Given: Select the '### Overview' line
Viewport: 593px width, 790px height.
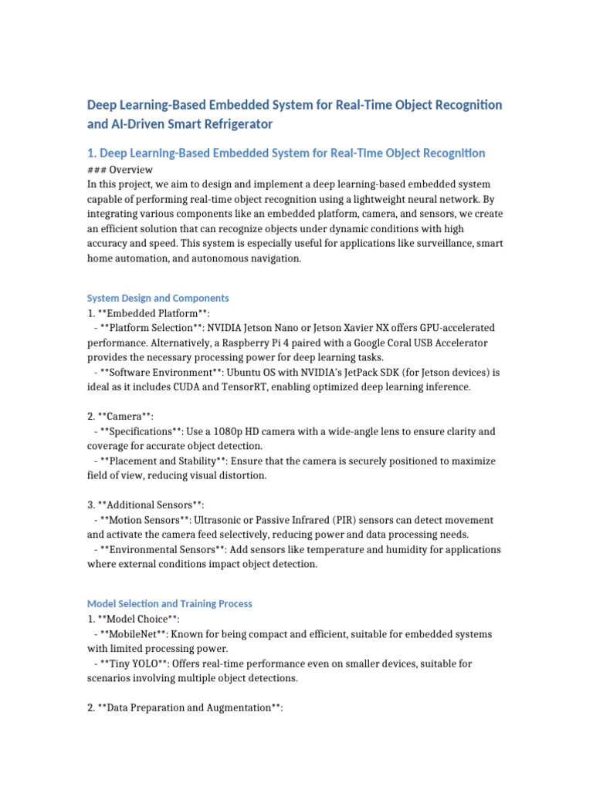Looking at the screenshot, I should (x=120, y=170).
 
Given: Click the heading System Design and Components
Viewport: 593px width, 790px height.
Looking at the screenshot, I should (x=158, y=298).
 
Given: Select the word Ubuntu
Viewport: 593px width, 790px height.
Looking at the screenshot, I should (x=229, y=373).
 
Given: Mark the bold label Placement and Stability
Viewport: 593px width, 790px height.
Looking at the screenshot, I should (x=163, y=461).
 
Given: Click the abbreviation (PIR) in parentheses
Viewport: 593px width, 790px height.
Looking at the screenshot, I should (x=346, y=521).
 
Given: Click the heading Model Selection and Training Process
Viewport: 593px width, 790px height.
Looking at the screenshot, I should (x=170, y=603).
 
